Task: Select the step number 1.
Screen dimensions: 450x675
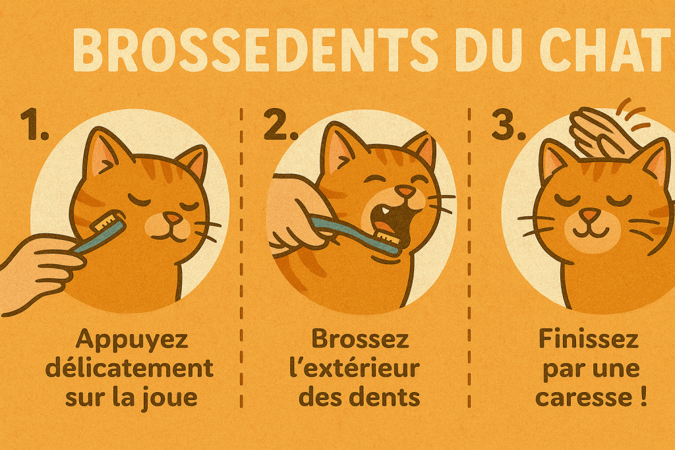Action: [34, 127]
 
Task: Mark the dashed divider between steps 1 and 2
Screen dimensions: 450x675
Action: [242, 264]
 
